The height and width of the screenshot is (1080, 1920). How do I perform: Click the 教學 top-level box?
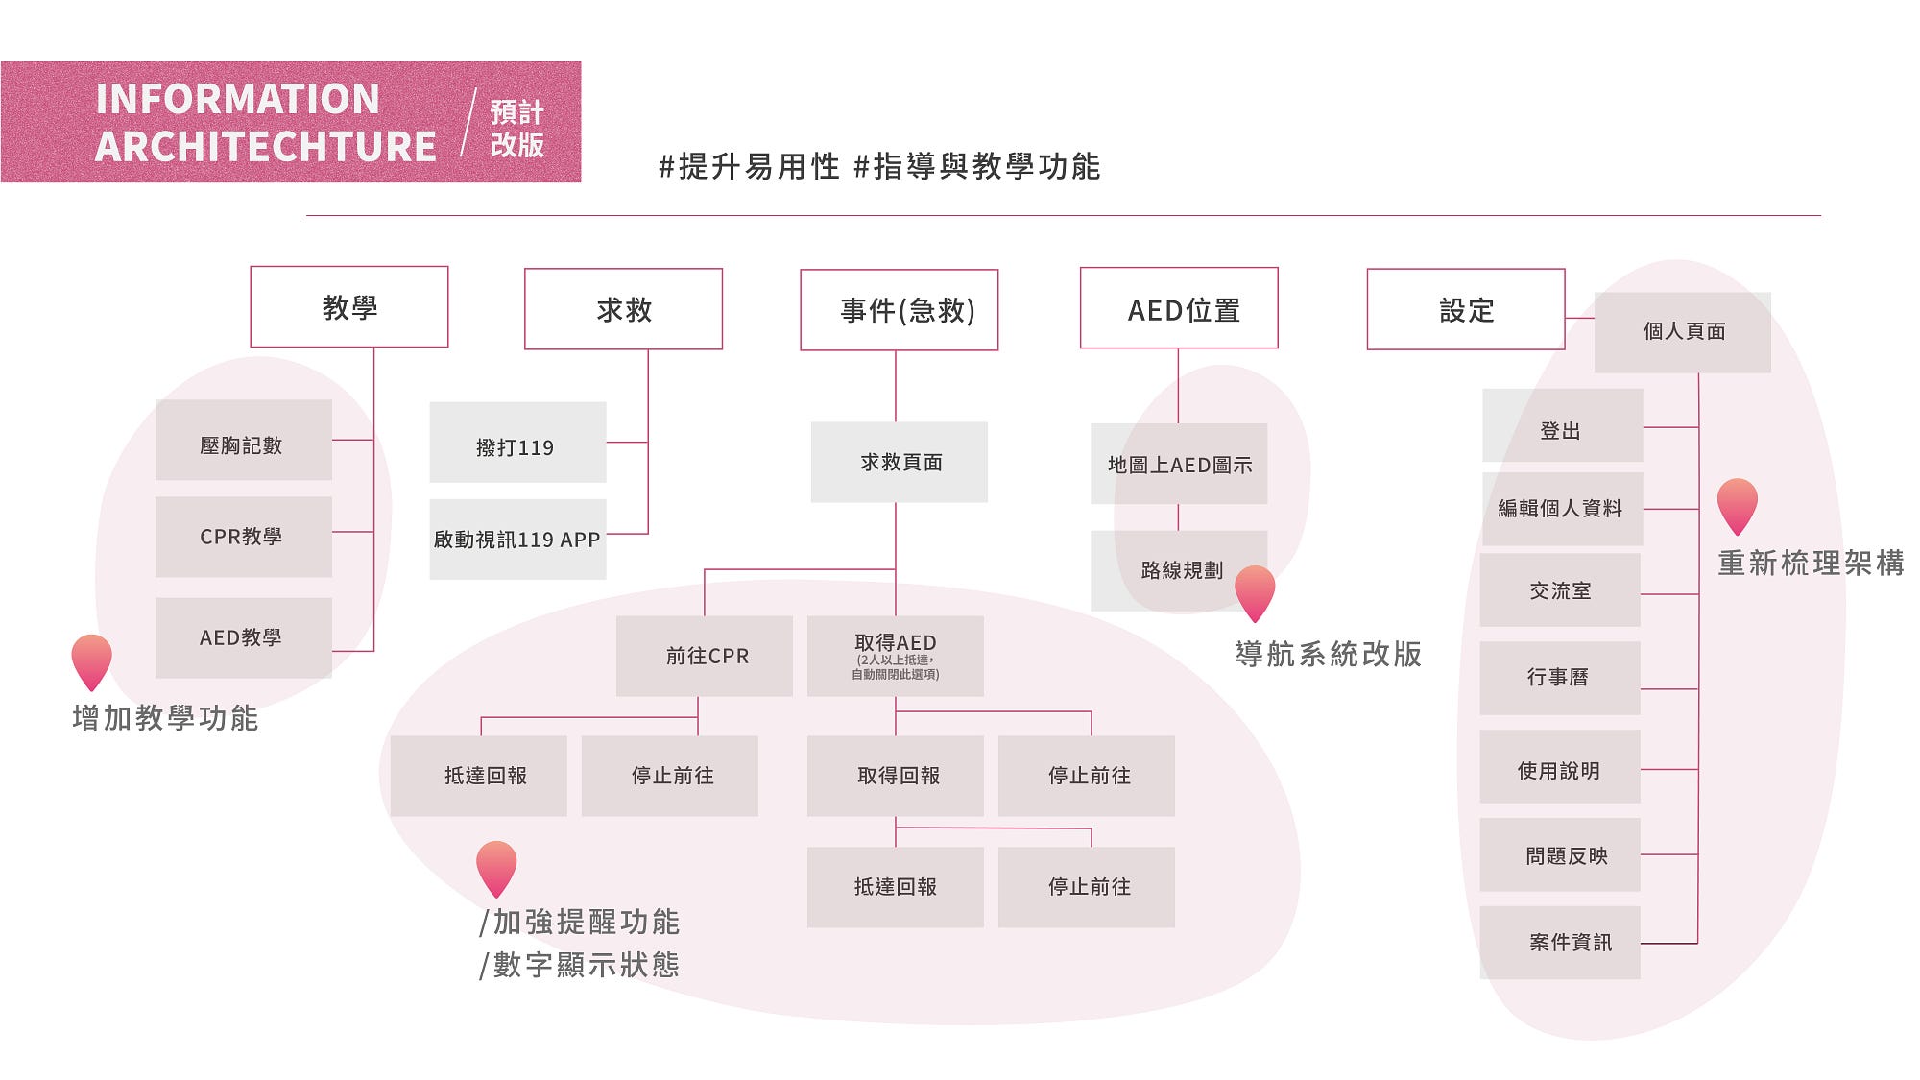point(349,307)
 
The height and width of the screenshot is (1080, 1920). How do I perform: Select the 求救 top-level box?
point(623,309)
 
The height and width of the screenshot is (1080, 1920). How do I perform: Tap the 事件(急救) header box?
point(900,310)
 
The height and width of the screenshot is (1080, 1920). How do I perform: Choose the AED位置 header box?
point(1179,308)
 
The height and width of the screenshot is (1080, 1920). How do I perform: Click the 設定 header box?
point(1466,309)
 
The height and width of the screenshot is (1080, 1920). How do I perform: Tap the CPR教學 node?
point(244,537)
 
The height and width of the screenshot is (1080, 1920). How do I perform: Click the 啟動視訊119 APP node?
point(517,540)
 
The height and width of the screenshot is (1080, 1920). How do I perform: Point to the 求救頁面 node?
point(900,462)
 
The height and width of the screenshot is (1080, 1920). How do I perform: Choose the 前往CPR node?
point(705,656)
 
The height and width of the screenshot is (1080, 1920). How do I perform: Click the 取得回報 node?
point(896,776)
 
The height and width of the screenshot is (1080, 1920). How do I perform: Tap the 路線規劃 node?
point(1179,570)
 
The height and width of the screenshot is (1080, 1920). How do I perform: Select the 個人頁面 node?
point(1683,332)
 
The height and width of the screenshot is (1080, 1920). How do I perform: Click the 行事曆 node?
point(1560,678)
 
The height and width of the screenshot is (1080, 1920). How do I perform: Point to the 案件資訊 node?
point(1560,942)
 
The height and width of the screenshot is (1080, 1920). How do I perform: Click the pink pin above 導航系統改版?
point(1255,589)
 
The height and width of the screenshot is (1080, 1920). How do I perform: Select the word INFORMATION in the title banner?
point(238,99)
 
